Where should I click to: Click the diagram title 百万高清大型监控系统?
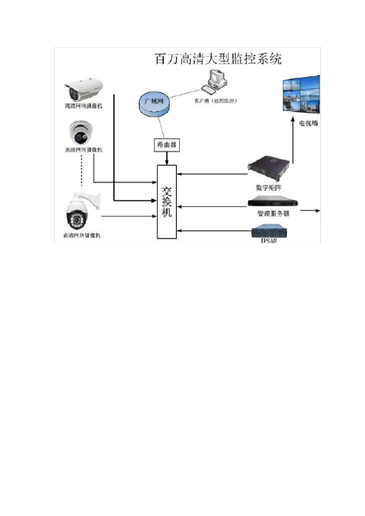218,59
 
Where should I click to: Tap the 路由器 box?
167,145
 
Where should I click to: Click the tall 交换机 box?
167,202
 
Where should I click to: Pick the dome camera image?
81,133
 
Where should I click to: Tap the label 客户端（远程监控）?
215,101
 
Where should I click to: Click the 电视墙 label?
309,123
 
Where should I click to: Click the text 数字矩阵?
269,188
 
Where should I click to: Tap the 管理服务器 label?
273,213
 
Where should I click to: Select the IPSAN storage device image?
270,231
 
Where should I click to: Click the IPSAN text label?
269,241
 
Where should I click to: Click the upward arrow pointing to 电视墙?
293,142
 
